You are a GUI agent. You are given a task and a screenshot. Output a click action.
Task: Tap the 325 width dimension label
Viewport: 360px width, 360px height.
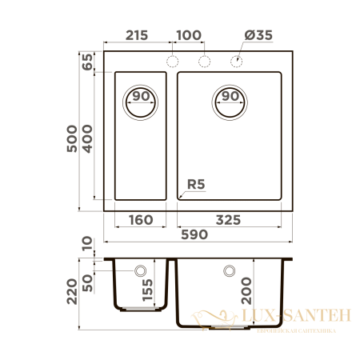pyautogui.click(x=232, y=218)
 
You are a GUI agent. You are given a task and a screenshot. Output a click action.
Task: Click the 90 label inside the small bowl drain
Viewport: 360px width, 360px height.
pyautogui.click(x=142, y=96)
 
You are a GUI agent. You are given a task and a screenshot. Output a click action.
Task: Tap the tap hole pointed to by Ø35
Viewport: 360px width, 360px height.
pyautogui.click(x=237, y=62)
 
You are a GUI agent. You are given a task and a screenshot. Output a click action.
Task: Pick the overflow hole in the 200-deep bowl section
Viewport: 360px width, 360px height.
pyautogui.click(x=230, y=270)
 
